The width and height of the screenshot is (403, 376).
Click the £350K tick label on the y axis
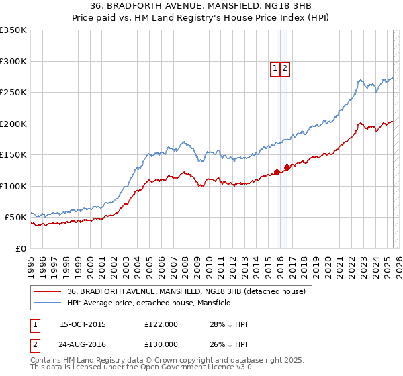tap(13, 30)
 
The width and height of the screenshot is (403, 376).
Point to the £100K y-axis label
tap(13, 186)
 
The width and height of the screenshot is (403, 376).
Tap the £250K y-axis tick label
tap(13, 93)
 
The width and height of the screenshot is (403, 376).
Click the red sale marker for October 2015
tap(277, 173)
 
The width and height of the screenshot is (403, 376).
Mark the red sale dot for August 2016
tap(287, 167)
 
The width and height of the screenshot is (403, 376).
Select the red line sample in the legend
tap(47, 291)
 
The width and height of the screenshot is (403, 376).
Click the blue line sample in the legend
tap(47, 303)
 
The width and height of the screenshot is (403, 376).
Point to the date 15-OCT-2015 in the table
tap(83, 324)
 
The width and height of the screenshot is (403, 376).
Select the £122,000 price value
tap(161, 324)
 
